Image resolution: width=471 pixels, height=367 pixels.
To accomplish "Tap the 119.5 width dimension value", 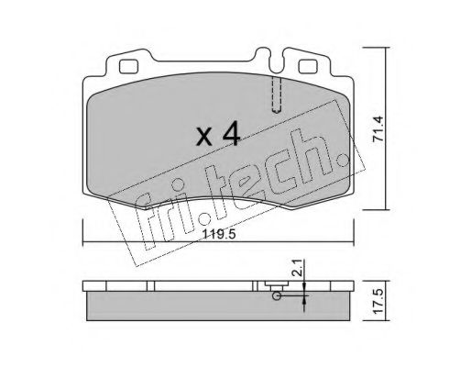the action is coord(220,235).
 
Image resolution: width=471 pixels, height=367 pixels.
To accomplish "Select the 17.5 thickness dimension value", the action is coord(378,300).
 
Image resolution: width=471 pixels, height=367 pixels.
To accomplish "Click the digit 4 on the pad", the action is coord(231,133).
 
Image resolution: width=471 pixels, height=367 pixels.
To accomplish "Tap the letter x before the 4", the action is coord(203,137).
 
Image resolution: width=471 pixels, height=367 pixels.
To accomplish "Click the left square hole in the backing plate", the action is coord(128,67).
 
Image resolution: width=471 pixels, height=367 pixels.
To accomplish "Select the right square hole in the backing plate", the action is coord(308,67).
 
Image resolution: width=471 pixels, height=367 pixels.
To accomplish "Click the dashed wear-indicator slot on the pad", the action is coord(277,95).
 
